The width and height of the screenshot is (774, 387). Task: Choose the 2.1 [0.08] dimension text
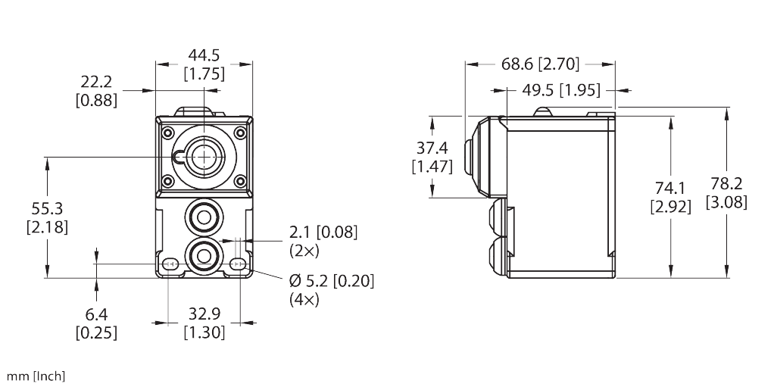[323, 232]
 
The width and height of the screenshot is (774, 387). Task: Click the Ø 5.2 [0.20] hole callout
[332, 282]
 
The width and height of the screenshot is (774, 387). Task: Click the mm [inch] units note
[36, 376]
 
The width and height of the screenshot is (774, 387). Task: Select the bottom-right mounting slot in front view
[238, 264]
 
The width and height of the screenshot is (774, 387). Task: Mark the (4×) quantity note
[304, 299]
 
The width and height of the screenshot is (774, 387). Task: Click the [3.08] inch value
[726, 202]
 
